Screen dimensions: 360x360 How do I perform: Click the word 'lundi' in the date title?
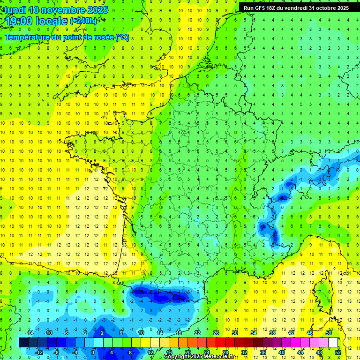[x=15, y=10]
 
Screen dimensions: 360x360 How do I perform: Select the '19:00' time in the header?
[x=19, y=21]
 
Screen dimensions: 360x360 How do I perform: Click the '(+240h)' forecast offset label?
[x=83, y=21]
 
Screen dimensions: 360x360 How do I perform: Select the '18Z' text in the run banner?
[x=275, y=8]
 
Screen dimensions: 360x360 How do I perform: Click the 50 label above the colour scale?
[x=328, y=333]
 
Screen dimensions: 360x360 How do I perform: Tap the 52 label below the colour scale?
[x=337, y=352]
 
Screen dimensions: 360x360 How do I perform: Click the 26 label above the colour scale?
[x=216, y=333]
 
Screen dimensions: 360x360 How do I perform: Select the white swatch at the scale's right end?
[x=333, y=343]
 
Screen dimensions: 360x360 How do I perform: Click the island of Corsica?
[x=323, y=295]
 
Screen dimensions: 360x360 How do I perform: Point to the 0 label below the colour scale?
[x=92, y=352]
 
